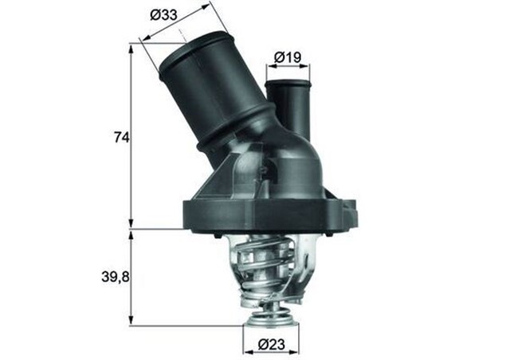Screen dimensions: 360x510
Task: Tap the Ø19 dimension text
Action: [x=287, y=57]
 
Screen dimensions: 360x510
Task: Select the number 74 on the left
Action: [x=120, y=137]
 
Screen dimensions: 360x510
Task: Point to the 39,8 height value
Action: [x=116, y=276]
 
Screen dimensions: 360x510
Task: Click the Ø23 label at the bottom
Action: [x=271, y=345]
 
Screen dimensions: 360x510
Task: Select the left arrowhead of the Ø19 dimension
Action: [x=269, y=68]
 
